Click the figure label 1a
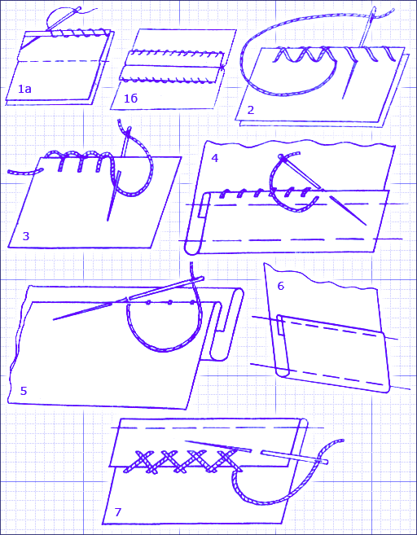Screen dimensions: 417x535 click(24, 89)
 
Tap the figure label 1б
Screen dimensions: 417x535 click(130, 99)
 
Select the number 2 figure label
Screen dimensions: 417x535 click(251, 110)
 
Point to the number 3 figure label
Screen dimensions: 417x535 click(26, 236)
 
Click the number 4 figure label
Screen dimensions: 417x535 click(215, 158)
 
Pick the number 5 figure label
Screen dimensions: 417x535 click(23, 391)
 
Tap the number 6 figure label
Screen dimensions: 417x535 click(280, 286)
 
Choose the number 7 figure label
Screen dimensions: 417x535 click(118, 512)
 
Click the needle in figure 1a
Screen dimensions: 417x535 click(64, 19)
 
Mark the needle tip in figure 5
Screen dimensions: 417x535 click(55, 319)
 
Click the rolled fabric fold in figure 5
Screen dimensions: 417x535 click(226, 324)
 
